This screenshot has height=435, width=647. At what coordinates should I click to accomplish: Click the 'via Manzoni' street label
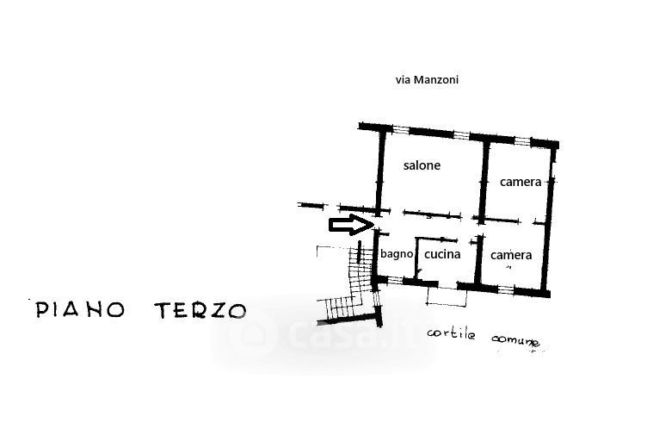pos(426,79)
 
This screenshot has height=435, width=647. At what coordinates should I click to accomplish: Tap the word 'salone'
pos(422,165)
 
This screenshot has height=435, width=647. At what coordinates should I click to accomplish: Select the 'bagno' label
pos(397,254)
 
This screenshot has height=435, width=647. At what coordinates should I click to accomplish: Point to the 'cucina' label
pos(442,254)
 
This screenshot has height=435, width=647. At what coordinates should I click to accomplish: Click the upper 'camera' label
pos(520,182)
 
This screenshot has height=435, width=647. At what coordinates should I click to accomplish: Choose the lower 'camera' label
pos(511,255)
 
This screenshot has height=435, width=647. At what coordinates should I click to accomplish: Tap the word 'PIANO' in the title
pos(82,310)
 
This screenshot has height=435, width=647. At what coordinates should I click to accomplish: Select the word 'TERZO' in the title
pos(200,310)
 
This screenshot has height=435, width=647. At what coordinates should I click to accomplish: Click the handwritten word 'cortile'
pos(453,332)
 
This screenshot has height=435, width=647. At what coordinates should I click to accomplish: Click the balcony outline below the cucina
pos(447,294)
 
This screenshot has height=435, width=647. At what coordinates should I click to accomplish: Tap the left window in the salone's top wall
pos(404,130)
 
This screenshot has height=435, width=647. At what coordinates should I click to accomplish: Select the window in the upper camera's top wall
pos(521,138)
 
